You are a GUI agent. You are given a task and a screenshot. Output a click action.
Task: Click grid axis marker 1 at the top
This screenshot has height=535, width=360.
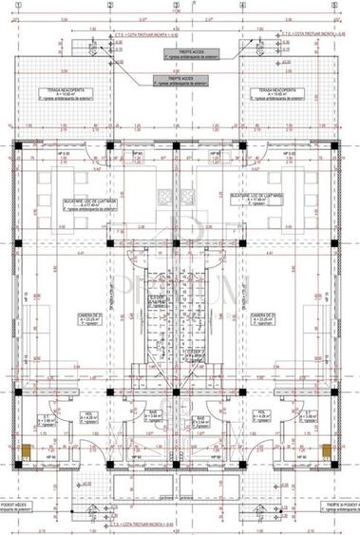click(18, 6)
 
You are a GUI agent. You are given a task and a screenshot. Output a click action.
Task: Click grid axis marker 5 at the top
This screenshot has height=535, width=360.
click(333, 6)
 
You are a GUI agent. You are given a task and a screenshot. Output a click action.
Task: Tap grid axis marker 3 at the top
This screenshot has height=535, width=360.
click(175, 6)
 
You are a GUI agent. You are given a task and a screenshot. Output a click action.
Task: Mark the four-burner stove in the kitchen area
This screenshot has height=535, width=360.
click(162, 198)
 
